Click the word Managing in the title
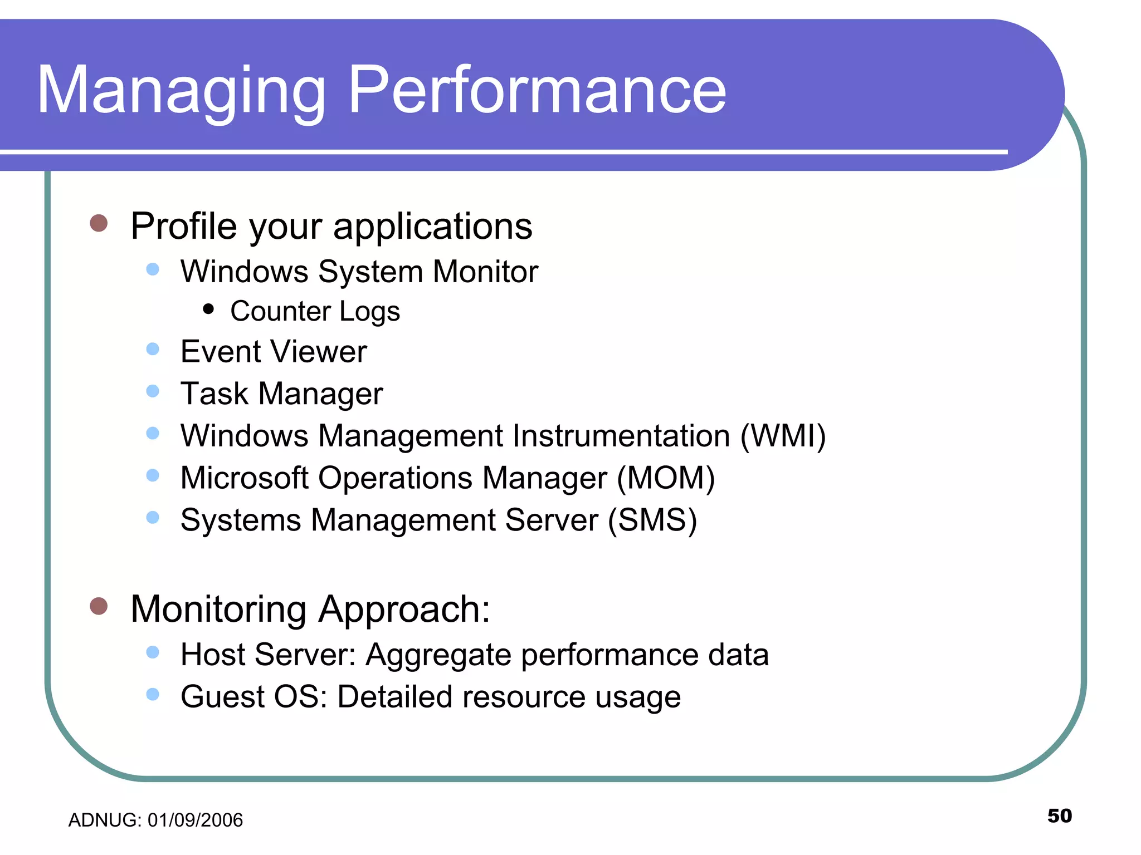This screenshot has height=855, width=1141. point(181,92)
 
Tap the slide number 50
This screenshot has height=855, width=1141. point(1059,815)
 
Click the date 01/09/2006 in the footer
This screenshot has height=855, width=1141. point(195,820)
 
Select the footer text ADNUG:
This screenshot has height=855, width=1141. point(105,820)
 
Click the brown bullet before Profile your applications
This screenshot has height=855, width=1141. point(99,223)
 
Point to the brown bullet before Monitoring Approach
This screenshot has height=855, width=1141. point(99,606)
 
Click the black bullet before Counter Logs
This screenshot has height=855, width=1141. point(208,309)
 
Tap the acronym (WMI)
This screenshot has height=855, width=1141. point(783,436)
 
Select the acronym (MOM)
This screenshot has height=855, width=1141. point(666,478)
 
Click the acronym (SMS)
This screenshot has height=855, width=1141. point(652,520)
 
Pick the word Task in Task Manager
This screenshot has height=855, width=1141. point(214,394)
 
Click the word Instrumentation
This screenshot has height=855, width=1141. point(621,436)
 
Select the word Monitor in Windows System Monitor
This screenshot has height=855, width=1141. point(485,272)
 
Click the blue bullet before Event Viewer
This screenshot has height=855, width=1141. point(153,349)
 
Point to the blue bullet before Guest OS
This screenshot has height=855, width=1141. point(153,694)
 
